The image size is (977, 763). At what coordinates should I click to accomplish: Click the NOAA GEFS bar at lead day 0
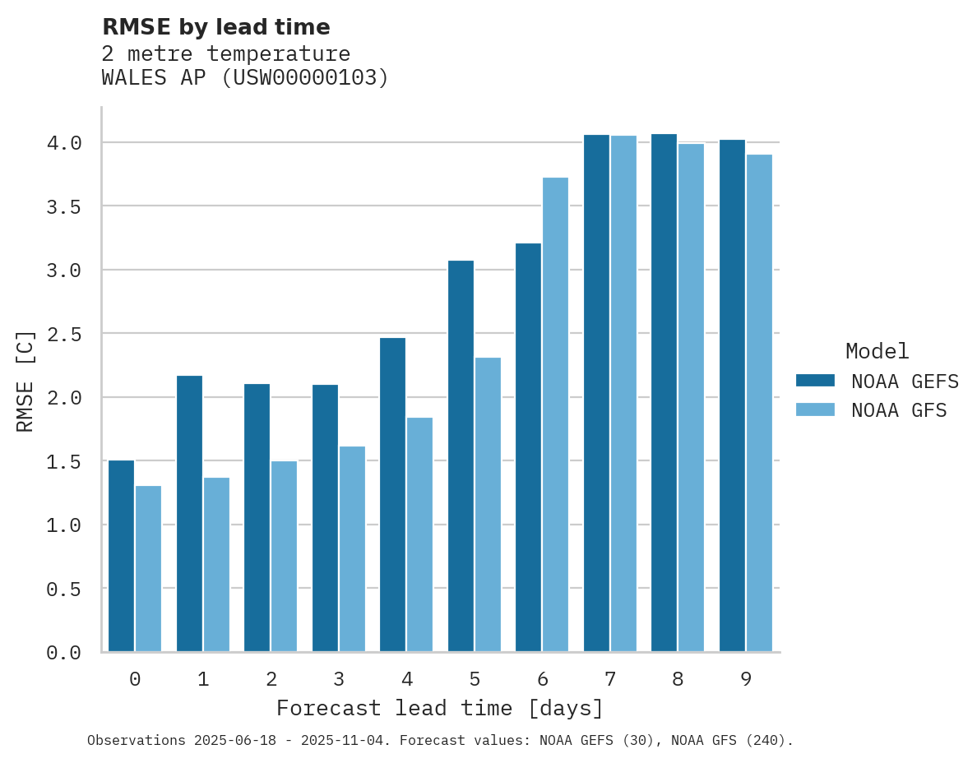[121, 556]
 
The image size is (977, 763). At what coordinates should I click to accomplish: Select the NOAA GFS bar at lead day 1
[216, 564]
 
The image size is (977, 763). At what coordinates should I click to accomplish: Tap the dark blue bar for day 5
[461, 456]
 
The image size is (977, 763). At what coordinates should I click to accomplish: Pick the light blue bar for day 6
[555, 414]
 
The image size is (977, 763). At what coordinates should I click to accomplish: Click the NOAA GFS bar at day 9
[759, 403]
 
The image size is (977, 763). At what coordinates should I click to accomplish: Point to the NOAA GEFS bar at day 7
[596, 393]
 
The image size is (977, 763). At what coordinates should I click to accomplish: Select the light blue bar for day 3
[352, 548]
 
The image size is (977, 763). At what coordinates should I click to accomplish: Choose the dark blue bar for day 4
[392, 494]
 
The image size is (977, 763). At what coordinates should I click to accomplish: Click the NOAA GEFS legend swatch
[815, 381]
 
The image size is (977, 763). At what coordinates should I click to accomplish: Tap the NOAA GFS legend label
[899, 410]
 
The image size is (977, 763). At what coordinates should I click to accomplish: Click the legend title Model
[877, 352]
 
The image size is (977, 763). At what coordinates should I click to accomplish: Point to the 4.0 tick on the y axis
[64, 143]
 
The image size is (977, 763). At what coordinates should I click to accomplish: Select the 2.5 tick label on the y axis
[64, 334]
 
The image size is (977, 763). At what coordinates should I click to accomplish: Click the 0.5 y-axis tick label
[64, 589]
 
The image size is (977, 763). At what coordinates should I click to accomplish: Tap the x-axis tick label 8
[678, 679]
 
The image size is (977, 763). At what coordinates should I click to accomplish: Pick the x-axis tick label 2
[271, 679]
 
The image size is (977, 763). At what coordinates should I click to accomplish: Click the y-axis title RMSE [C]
[26, 381]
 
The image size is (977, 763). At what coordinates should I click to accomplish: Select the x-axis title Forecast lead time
[440, 708]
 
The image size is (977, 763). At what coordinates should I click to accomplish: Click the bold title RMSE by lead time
[215, 27]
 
